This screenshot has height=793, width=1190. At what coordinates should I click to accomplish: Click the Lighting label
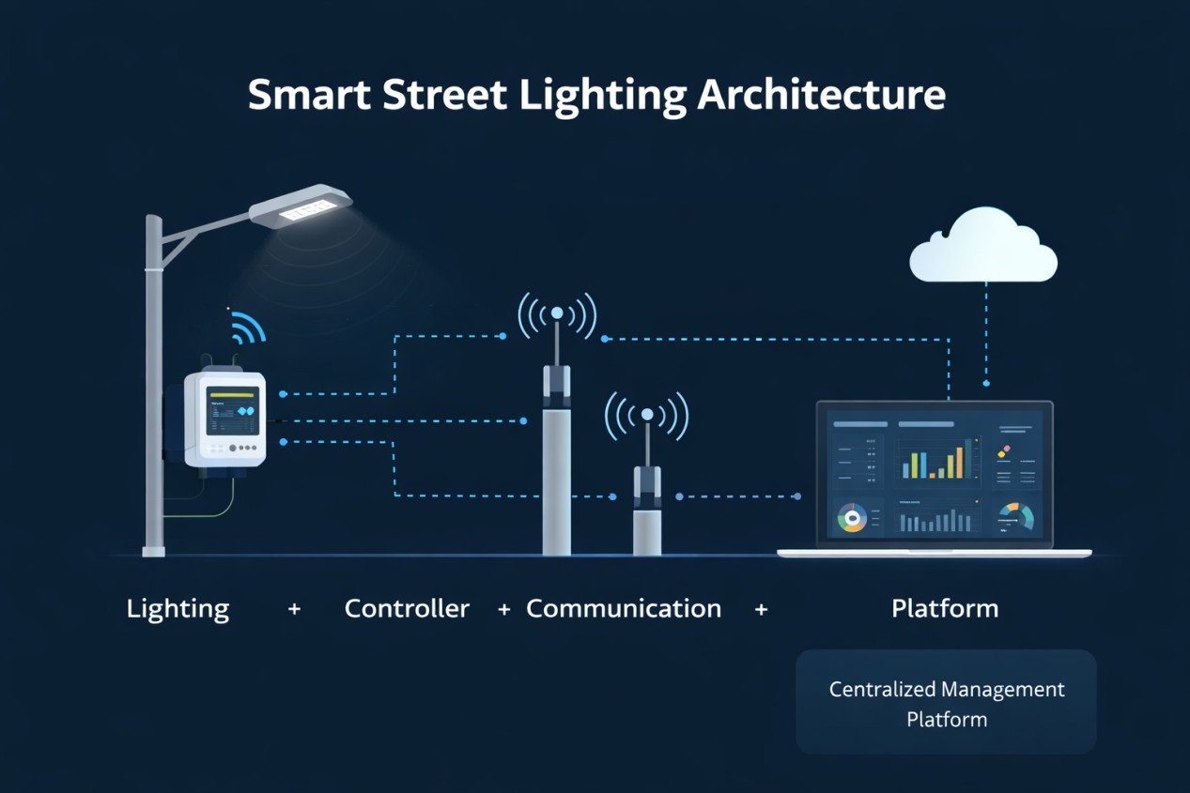point(178,608)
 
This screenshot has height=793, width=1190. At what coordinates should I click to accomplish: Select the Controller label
point(407,608)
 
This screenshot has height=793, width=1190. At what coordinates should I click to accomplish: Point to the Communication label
point(624,608)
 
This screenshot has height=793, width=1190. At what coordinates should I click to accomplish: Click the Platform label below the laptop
point(945,608)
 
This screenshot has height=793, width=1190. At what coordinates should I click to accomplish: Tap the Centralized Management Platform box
point(946,703)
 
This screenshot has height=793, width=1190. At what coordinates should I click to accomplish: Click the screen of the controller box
point(233,411)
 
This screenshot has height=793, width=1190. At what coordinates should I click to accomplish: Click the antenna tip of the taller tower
point(557,313)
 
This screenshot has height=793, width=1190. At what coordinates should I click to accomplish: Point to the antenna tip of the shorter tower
point(646,414)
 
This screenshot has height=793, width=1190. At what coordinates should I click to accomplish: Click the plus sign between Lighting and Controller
point(294,609)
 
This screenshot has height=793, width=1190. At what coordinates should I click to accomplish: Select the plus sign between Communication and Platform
point(761,609)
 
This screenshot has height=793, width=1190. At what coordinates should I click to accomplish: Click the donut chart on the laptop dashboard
point(852,518)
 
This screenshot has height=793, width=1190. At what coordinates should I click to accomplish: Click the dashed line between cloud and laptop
point(985,328)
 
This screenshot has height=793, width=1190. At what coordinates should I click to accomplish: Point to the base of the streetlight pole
point(153,550)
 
